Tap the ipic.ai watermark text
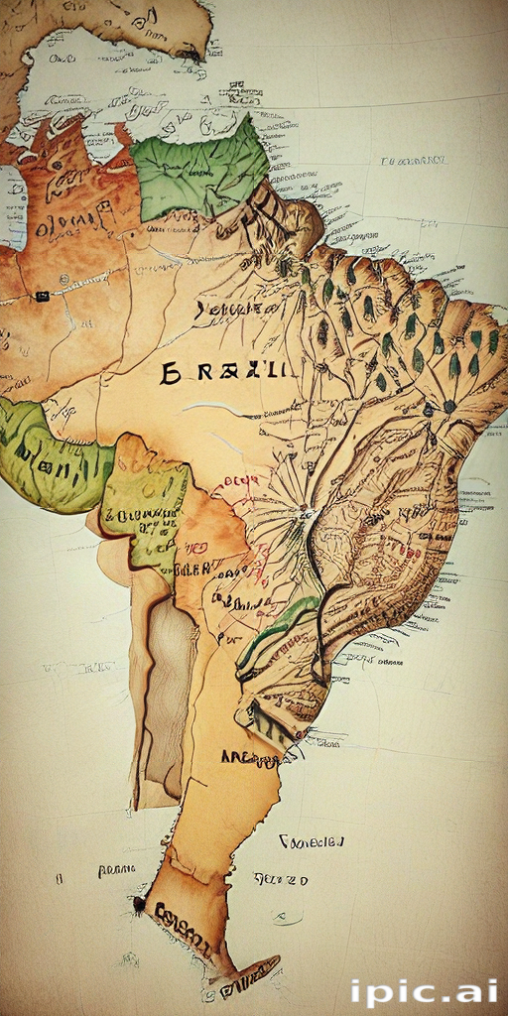coord(424,991)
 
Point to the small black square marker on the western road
coord(42,296)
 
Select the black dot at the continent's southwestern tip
coord(140,904)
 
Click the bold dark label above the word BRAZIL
coord(235,310)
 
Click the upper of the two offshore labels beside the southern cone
coord(312,841)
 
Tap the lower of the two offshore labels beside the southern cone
coord(281,880)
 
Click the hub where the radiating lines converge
coord(305,512)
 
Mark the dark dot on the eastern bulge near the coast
coord(449,406)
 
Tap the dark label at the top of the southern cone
coord(251,759)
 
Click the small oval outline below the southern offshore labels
coord(287,918)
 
